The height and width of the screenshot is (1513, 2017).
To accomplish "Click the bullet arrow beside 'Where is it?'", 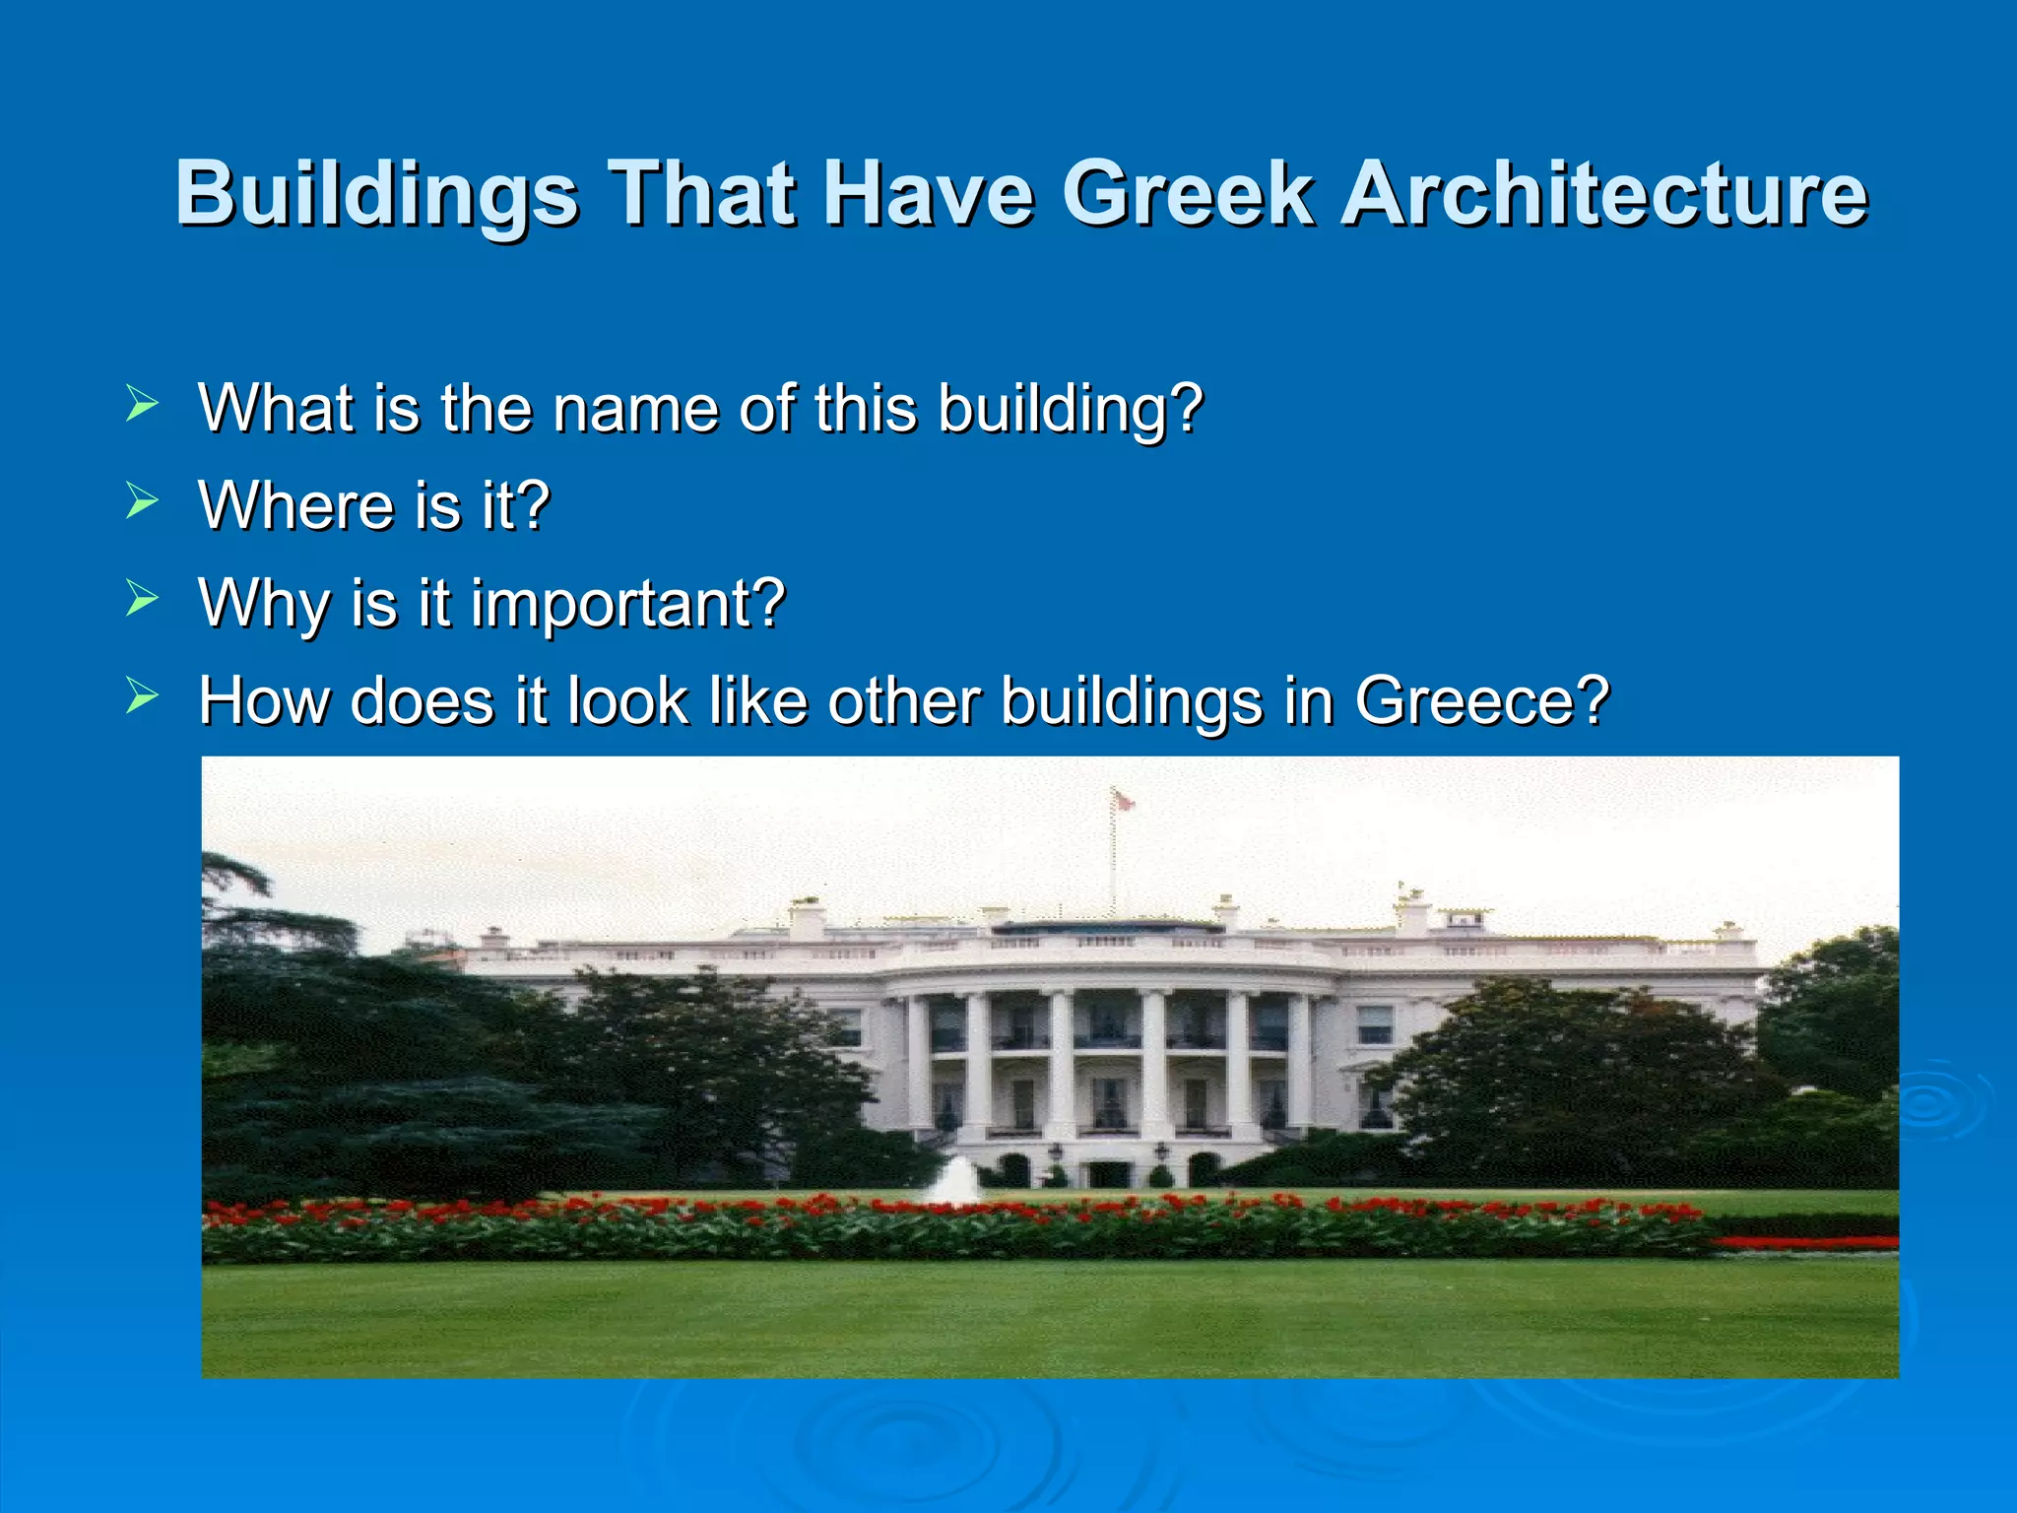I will (x=143, y=501).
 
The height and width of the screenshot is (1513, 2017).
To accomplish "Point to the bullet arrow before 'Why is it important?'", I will (x=143, y=599).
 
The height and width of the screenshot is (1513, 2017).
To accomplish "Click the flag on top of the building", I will (x=1122, y=800).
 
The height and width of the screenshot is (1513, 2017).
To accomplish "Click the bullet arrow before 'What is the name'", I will (x=143, y=404).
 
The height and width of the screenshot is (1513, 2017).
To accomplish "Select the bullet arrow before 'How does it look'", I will (x=143, y=696).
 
